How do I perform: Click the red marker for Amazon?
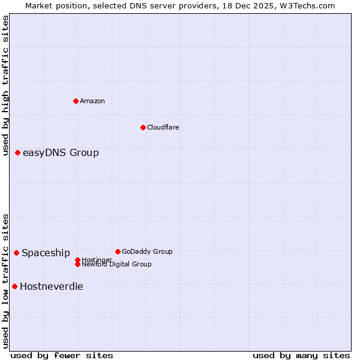[76, 101]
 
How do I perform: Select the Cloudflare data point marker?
[143, 127]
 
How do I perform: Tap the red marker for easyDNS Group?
[18, 153]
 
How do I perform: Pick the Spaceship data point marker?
[16, 253]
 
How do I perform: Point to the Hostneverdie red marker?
[14, 286]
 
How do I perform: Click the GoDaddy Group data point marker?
[118, 251]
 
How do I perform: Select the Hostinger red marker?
[77, 260]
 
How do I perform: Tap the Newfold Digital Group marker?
[77, 264]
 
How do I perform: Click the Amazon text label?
[92, 101]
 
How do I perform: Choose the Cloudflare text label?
[163, 127]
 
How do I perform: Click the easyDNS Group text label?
[61, 153]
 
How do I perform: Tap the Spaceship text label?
[46, 253]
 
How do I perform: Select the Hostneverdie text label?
[52, 287]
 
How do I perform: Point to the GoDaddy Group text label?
[147, 251]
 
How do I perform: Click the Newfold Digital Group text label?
[117, 265]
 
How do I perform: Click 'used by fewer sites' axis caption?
[62, 355]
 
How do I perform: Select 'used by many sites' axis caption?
[301, 355]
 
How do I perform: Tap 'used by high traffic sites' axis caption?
[5, 85]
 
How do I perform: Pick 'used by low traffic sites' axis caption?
[5, 280]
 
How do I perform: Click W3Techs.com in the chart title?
[308, 5]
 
